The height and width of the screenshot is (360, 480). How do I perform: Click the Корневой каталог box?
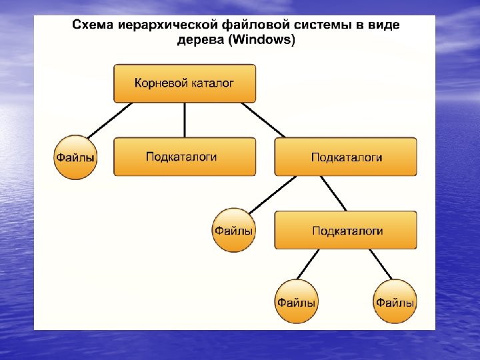click(184, 83)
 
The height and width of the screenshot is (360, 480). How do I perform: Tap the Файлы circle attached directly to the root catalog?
click(75, 157)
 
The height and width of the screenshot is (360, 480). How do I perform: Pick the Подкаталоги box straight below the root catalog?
click(184, 157)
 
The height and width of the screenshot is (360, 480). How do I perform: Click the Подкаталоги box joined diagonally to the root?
click(345, 157)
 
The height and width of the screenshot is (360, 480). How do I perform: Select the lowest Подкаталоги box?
click(345, 231)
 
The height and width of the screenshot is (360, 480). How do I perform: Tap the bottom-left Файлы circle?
click(296, 302)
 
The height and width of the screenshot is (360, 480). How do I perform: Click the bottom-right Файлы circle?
click(395, 302)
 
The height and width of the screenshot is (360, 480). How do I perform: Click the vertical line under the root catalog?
click(184, 120)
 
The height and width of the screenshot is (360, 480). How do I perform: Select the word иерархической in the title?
click(155, 25)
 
